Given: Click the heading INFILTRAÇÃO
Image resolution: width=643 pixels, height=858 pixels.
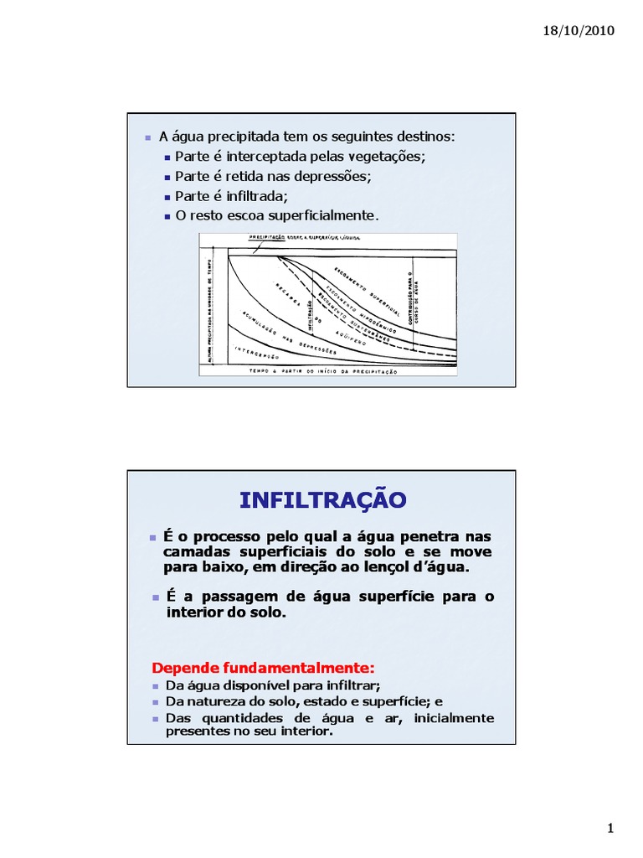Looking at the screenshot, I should pyautogui.click(x=322, y=500).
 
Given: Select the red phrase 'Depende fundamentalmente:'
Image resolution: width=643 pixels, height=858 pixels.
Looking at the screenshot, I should pyautogui.click(x=263, y=668).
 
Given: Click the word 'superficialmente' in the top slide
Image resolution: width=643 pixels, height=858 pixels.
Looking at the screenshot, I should pyautogui.click(x=320, y=215).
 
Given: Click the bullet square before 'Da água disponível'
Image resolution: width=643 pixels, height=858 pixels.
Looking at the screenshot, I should pyautogui.click(x=156, y=685).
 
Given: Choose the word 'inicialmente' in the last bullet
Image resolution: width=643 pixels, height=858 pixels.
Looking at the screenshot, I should pyautogui.click(x=449, y=718).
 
